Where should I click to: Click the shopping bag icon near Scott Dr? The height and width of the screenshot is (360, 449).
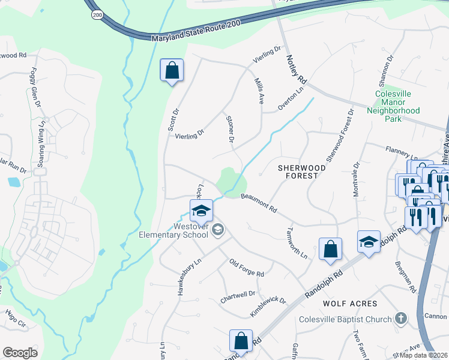click(x=172, y=71)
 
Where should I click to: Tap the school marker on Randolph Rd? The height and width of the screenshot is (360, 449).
click(x=369, y=242)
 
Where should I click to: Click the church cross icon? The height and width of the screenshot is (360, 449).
click(x=402, y=319)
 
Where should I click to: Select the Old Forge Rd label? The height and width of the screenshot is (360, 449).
click(x=247, y=268)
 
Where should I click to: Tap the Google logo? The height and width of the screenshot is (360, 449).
click(x=20, y=353)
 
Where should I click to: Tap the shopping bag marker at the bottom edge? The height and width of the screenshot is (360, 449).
click(x=241, y=341)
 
